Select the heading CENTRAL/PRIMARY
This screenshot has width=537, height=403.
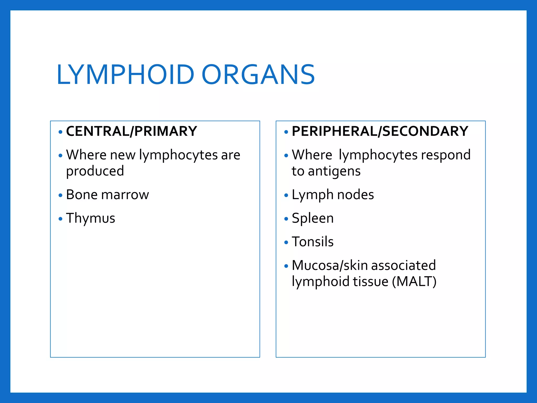tap(131, 131)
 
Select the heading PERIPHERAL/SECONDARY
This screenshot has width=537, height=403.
tap(380, 131)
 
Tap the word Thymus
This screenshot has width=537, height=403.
tap(90, 218)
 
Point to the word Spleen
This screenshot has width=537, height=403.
tap(313, 218)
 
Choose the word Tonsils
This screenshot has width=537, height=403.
tap(313, 242)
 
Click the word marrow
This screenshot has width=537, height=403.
tap(125, 195)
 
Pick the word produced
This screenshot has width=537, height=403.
tap(95, 171)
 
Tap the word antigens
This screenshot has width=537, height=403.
tap(334, 171)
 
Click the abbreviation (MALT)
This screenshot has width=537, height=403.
tap(414, 282)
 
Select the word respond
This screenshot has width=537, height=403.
tap(445, 155)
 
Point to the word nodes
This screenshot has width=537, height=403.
tap(355, 195)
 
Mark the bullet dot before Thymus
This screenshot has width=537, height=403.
tap(61, 219)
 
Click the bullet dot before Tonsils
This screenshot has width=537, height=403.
tap(286, 242)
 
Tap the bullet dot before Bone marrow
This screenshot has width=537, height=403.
tap(61, 195)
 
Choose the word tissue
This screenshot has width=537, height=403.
tap(370, 282)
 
